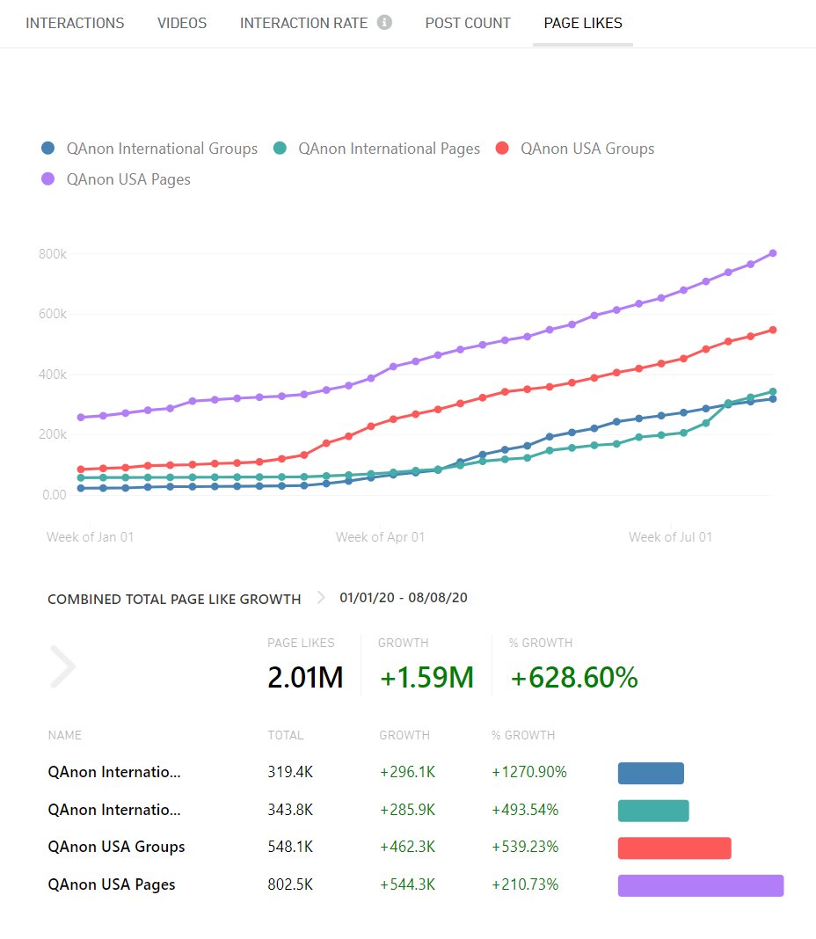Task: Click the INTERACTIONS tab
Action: pos(75,23)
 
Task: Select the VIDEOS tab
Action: pos(182,23)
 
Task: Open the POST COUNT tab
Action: pos(468,23)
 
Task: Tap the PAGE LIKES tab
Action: pos(582,23)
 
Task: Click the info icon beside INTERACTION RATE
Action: pos(384,23)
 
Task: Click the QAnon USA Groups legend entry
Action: pos(586,149)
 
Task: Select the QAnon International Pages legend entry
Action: pos(389,149)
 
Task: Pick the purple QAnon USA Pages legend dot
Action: pos(48,179)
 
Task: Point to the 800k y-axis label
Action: pos(52,254)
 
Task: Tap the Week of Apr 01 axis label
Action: pos(380,536)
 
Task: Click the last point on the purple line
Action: pos(772,253)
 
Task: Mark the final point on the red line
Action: pos(772,330)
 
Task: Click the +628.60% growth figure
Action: pos(574,678)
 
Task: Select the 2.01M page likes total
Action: pos(304,678)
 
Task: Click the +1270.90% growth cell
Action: pos(529,773)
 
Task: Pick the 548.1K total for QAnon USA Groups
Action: pos(290,848)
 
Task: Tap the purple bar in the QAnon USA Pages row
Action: pos(700,885)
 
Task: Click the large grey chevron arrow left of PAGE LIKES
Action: pos(63,666)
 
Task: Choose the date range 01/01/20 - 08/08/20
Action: pos(404,598)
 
